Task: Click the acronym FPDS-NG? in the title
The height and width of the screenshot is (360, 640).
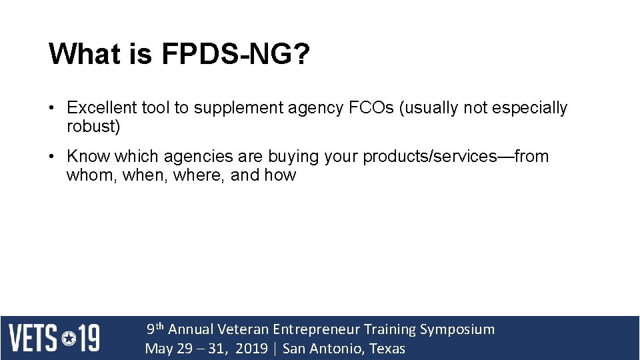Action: pos(236,54)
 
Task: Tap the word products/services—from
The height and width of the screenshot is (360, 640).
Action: pos(456,157)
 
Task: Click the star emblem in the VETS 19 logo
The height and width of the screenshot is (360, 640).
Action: pos(69,338)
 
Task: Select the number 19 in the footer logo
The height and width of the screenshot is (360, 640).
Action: pos(89,338)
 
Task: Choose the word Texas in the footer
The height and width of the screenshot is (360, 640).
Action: pos(387,349)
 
